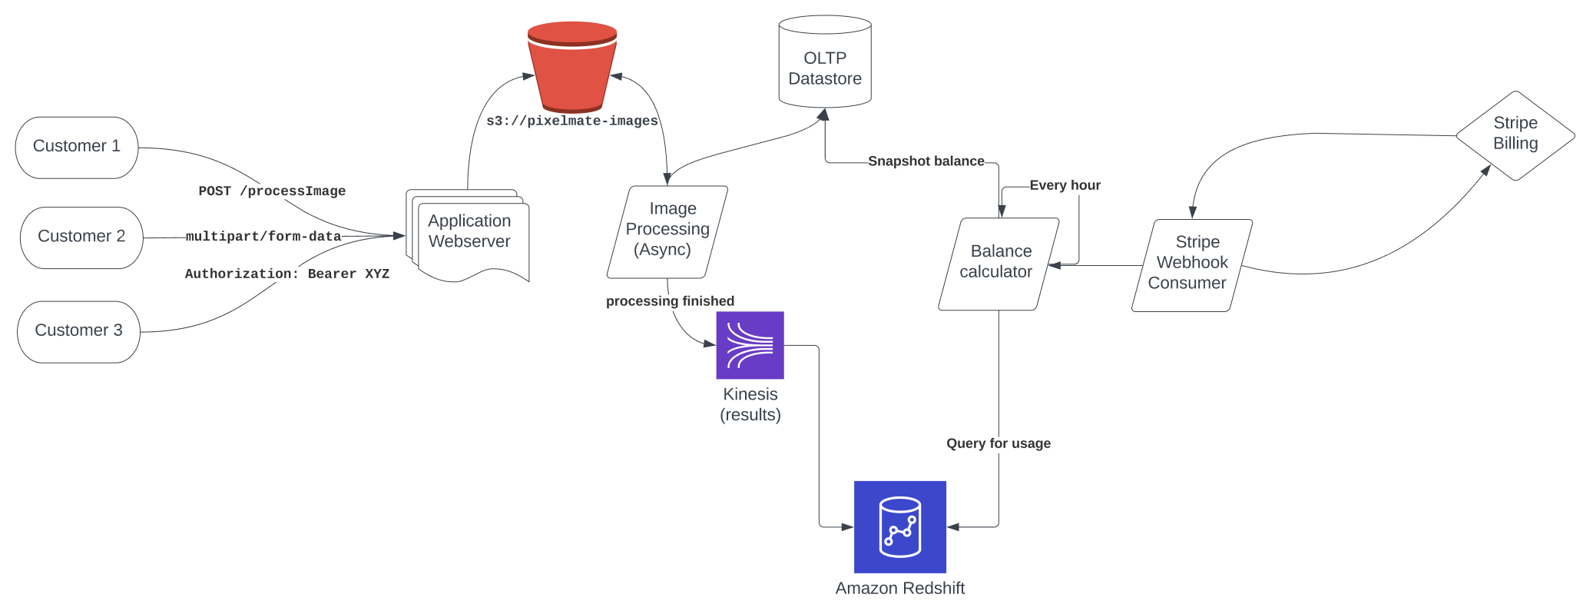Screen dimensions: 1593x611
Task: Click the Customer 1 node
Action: (77, 148)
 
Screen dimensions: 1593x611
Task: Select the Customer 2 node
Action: (81, 237)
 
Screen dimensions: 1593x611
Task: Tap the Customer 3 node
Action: (78, 332)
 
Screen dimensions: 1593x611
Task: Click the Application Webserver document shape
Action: (468, 235)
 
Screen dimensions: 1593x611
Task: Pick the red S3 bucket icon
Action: (572, 67)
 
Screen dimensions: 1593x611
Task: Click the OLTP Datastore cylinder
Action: (825, 61)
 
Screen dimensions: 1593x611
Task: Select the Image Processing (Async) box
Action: (667, 232)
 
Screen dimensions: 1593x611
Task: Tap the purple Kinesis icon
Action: (750, 345)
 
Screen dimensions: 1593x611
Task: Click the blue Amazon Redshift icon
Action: (900, 527)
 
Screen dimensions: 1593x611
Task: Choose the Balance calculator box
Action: (999, 264)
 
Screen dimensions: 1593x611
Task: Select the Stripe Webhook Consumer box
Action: (1192, 266)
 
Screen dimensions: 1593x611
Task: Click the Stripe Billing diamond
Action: (1515, 136)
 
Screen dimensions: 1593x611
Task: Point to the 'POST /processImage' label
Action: (272, 191)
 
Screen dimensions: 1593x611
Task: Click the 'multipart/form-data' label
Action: (263, 237)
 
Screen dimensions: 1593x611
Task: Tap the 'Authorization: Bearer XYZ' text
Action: (287, 274)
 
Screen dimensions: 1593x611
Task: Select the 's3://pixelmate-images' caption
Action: (572, 121)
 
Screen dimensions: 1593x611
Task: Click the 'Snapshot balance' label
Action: (926, 161)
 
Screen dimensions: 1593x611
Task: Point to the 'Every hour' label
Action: (1065, 185)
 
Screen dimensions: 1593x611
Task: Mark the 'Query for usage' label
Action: (999, 443)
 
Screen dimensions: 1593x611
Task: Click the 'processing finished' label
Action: (670, 301)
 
